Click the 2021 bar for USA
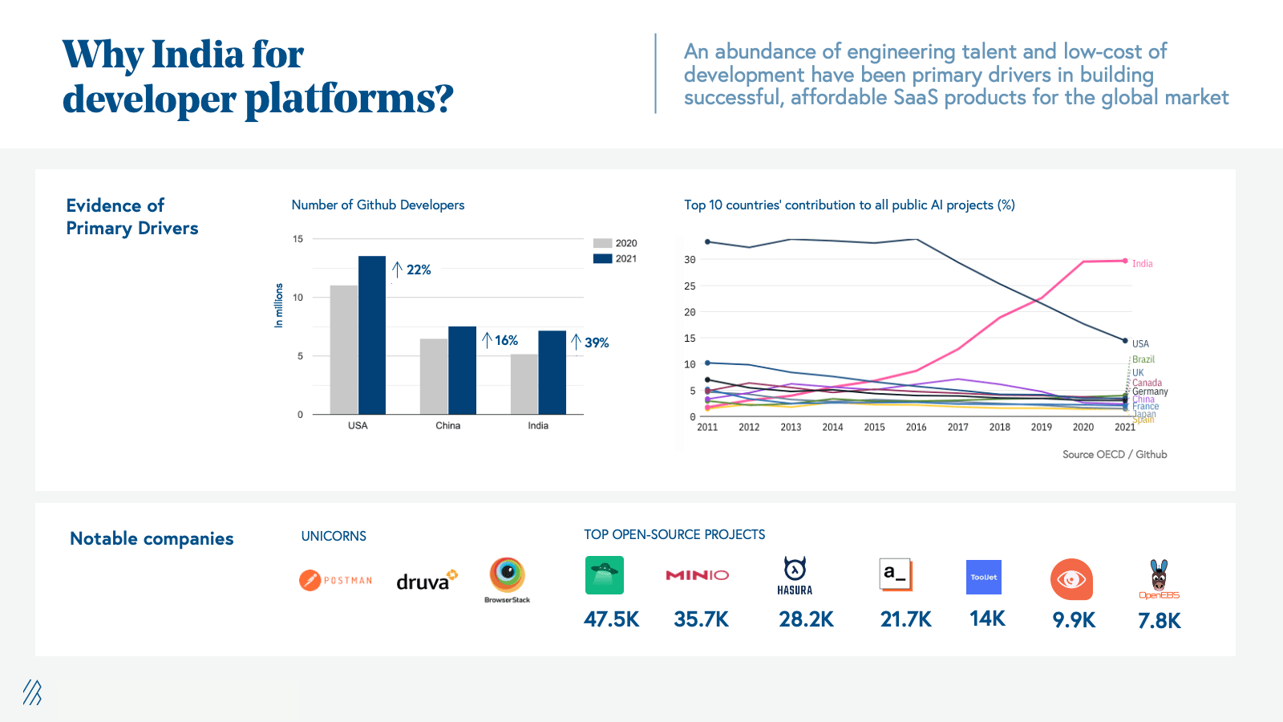tap(372, 335)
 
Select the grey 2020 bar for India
tap(524, 384)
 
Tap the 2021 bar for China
tap(462, 371)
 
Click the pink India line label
tap(1142, 264)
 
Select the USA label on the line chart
tap(1140, 344)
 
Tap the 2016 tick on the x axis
tap(916, 428)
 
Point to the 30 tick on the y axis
tap(690, 260)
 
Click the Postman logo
tap(336, 580)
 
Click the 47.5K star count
tap(611, 619)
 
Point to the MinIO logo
tap(698, 575)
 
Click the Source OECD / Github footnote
tap(1115, 455)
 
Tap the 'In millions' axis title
tap(279, 306)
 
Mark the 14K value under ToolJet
tap(987, 619)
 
